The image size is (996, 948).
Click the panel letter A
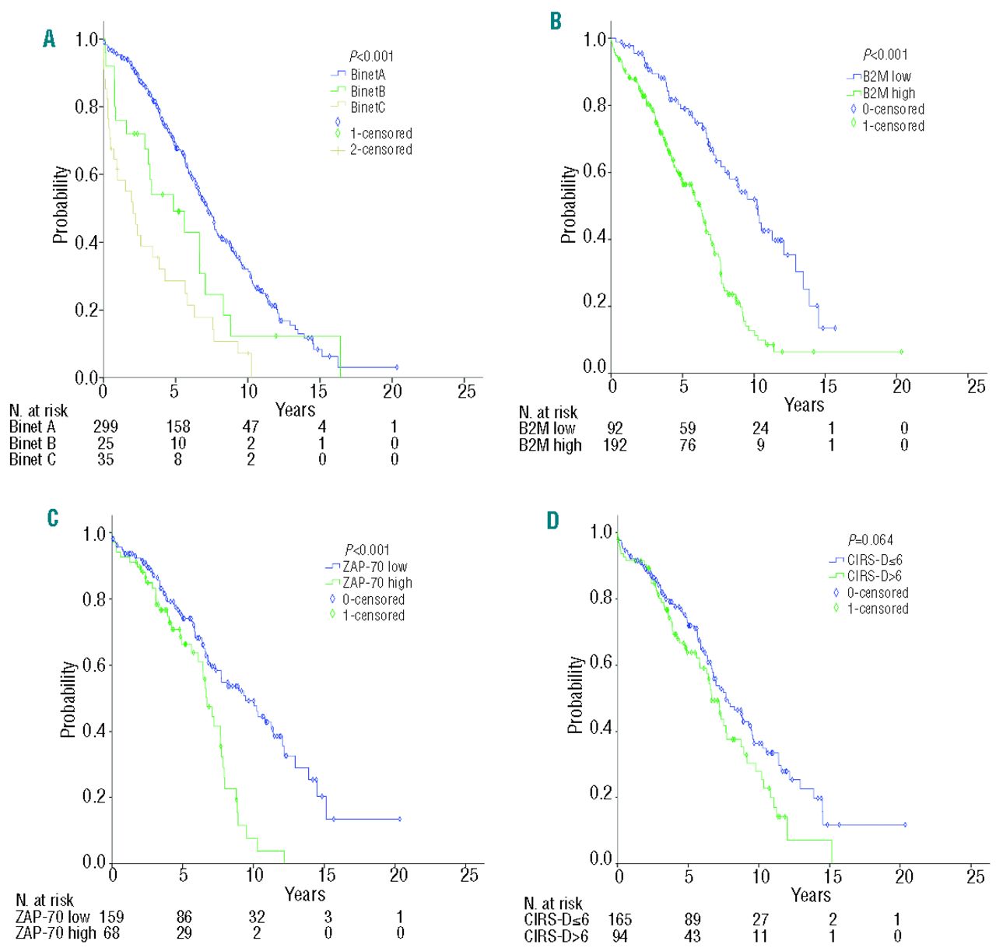click(x=50, y=39)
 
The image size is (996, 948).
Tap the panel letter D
click(x=552, y=520)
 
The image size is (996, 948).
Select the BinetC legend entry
click(x=367, y=107)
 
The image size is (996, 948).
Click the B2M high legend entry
click(x=889, y=93)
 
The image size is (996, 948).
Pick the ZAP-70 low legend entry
click(x=374, y=567)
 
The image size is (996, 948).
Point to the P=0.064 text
click(x=871, y=539)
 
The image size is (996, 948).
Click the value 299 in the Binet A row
click(x=106, y=427)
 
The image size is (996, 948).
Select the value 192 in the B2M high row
click(x=615, y=445)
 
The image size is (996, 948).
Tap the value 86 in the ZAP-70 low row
click(x=184, y=917)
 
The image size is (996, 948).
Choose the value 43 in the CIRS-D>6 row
click(x=692, y=936)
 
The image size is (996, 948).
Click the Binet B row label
click(x=32, y=443)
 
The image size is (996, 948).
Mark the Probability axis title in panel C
click(x=69, y=699)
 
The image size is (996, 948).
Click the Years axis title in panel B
click(x=804, y=405)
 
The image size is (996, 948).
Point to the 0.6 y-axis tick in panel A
click(x=88, y=174)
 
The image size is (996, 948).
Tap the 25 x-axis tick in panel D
click(x=975, y=876)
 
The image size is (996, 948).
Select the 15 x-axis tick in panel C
click(x=327, y=875)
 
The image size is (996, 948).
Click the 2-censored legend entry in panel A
click(x=381, y=149)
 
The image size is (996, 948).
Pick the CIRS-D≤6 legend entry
click(x=875, y=560)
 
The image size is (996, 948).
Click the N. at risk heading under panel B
click(x=549, y=412)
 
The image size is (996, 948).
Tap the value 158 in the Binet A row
click(x=178, y=427)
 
